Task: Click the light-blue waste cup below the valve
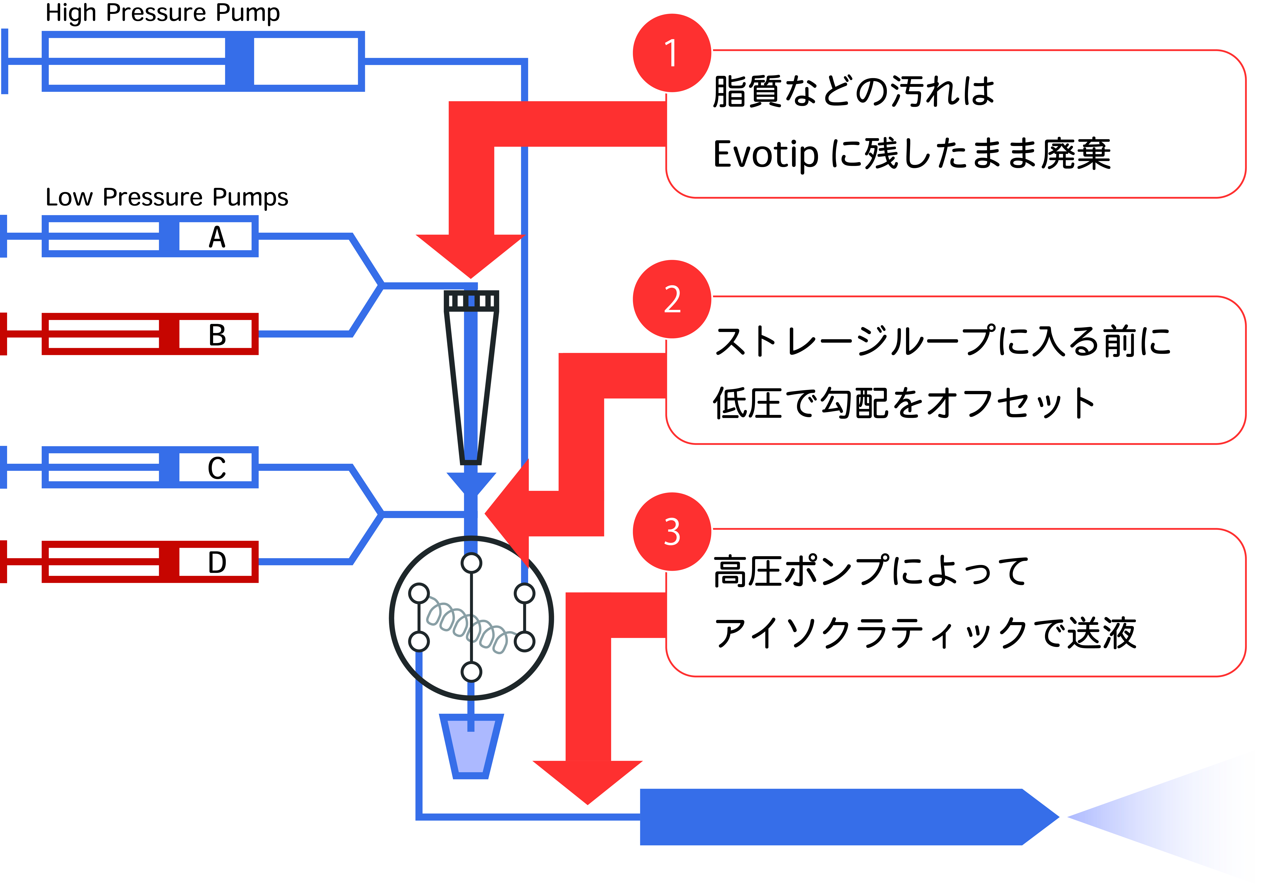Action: [x=471, y=748]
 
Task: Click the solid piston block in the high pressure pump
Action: [x=239, y=61]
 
